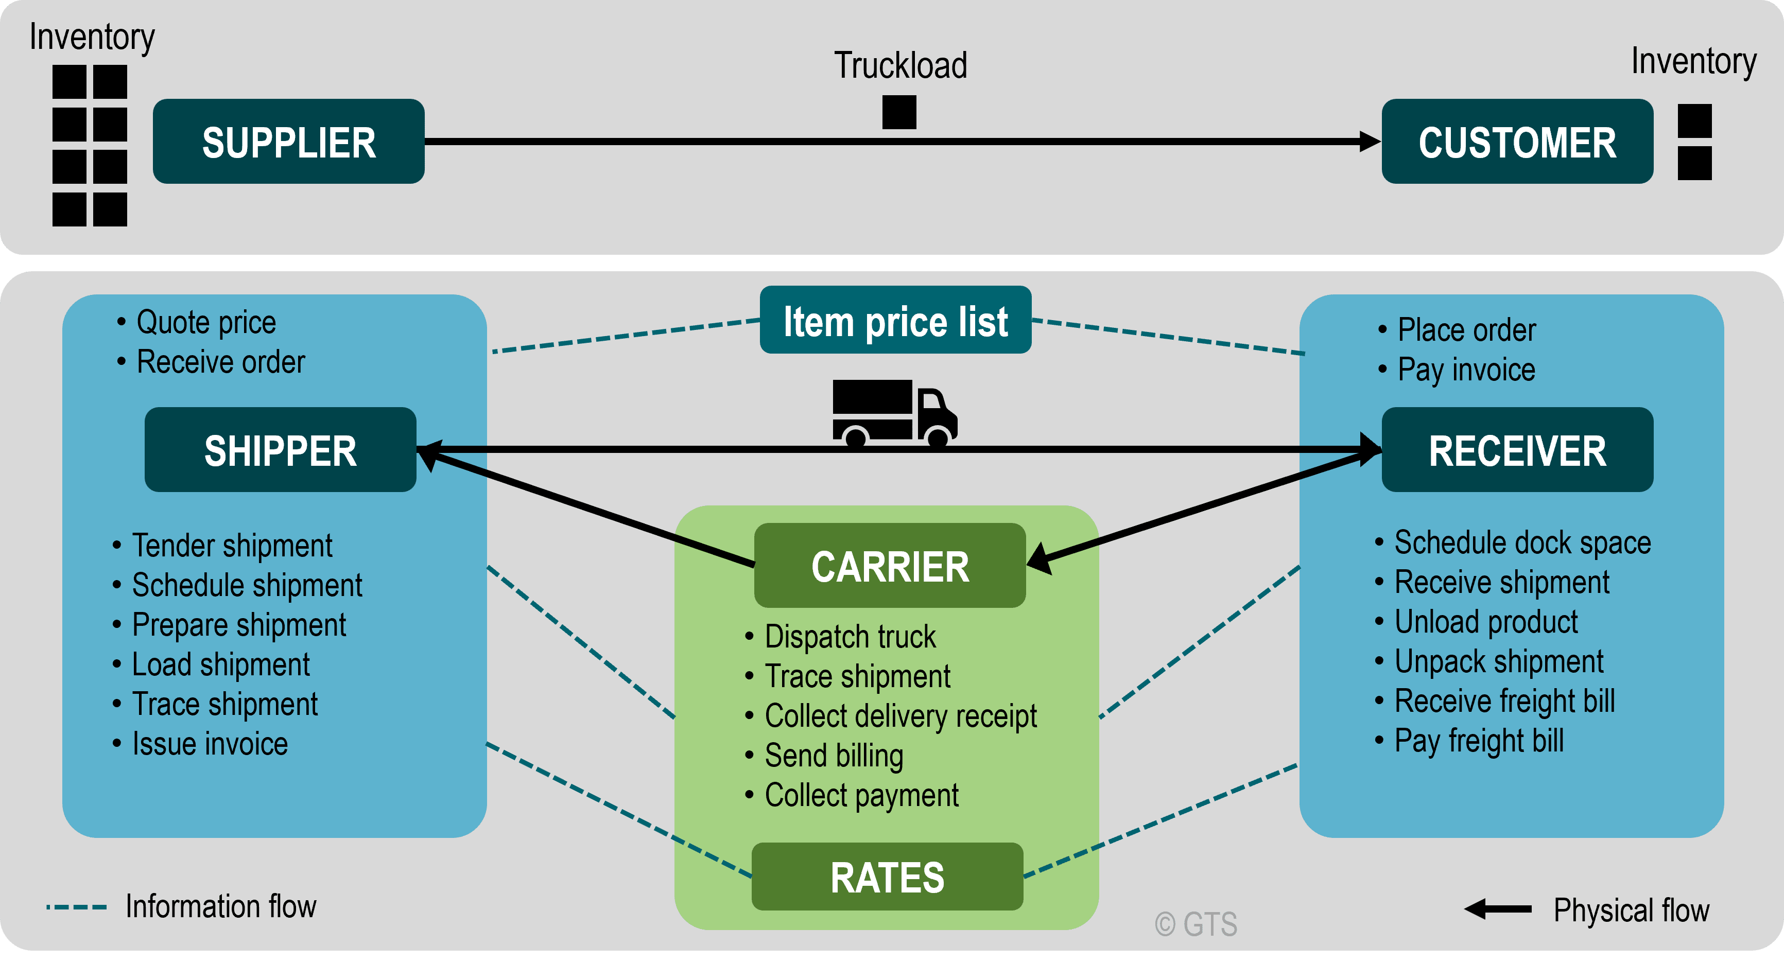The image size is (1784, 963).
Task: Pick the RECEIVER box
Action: pos(1517,450)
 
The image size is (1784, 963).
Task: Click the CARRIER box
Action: pos(890,566)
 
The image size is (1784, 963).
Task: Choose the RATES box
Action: pos(887,877)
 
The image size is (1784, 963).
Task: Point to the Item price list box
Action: pos(895,321)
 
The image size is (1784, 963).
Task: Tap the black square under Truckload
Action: pos(899,112)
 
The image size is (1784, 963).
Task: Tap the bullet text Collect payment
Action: pos(861,795)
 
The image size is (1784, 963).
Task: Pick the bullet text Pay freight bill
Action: pos(1479,741)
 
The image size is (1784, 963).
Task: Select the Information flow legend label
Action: pos(220,906)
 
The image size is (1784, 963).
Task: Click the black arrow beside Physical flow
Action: pos(1498,909)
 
